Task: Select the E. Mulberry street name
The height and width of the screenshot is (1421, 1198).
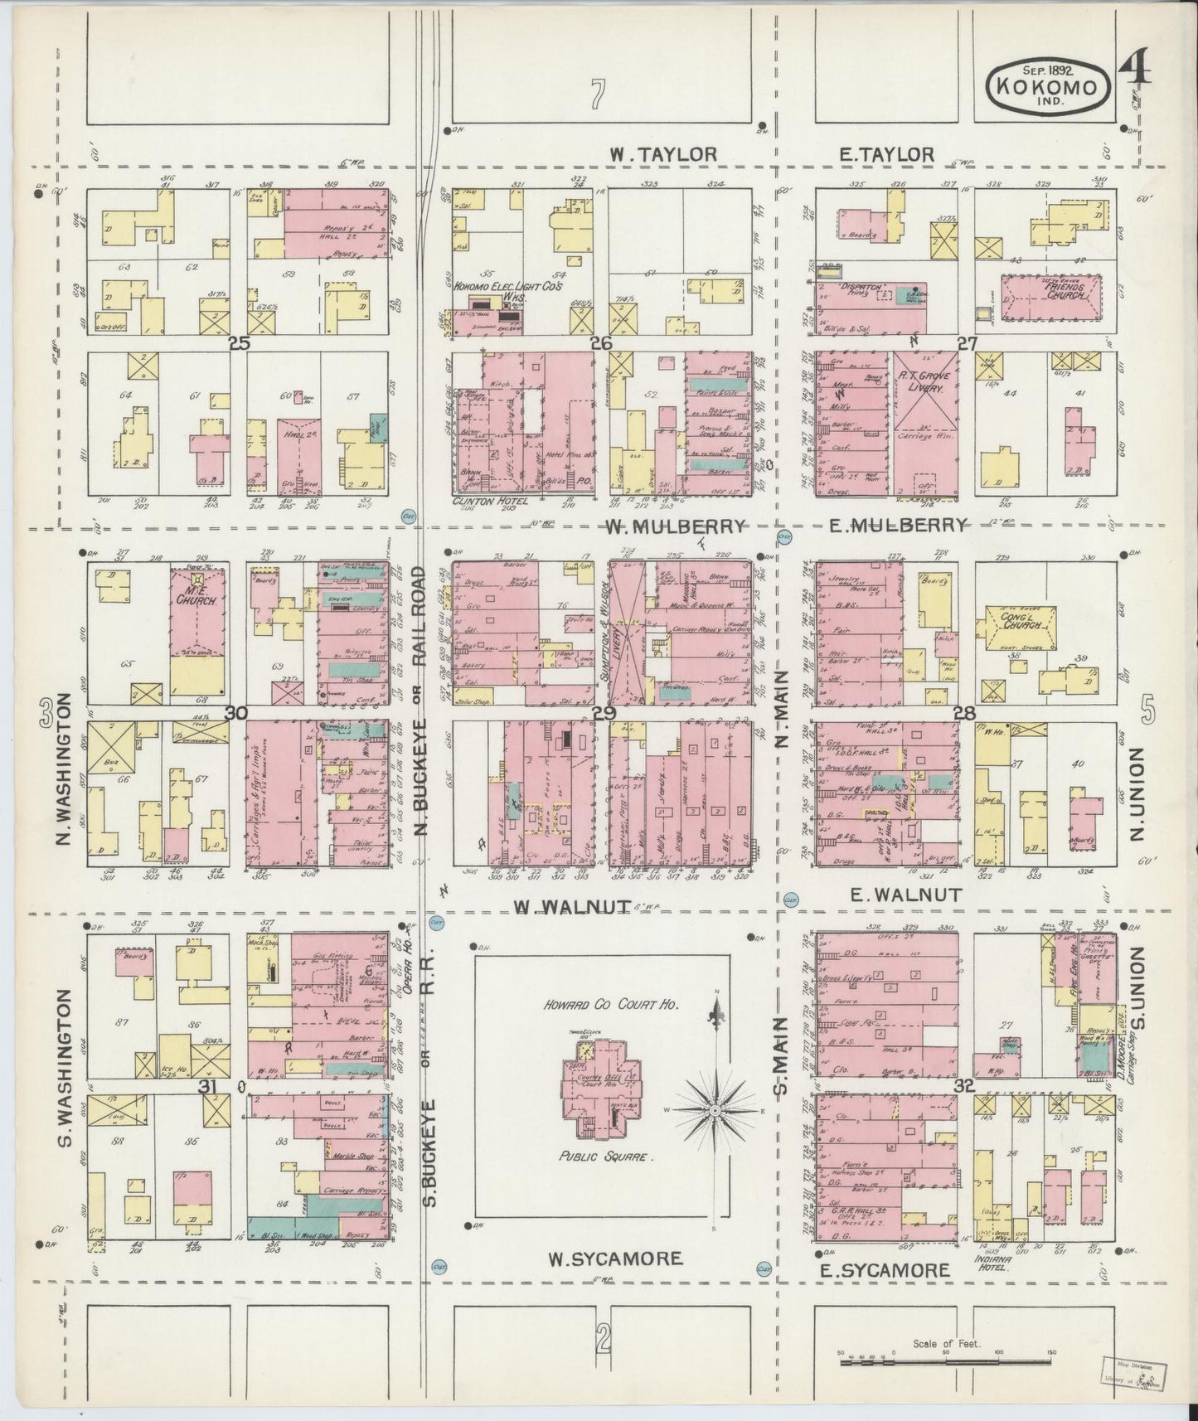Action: point(896,525)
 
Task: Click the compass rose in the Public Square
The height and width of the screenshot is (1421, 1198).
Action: point(714,1108)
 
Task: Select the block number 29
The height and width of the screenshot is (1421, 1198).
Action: point(604,714)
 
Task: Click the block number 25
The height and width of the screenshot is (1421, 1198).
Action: point(239,342)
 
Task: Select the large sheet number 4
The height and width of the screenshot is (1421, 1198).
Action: point(1136,68)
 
